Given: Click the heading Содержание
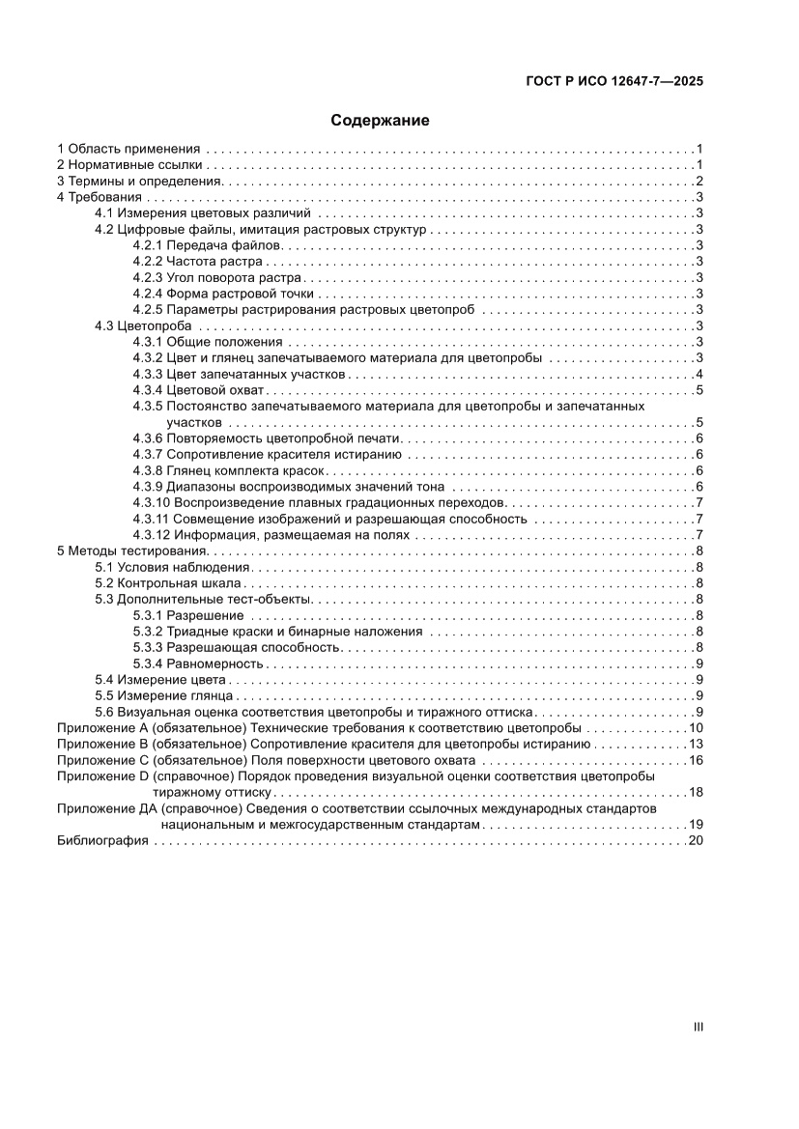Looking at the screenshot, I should [x=380, y=121].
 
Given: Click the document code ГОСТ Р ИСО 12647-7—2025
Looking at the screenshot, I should [x=614, y=82].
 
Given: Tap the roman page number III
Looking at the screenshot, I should [x=698, y=1027].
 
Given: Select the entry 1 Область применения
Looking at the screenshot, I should [x=128, y=149].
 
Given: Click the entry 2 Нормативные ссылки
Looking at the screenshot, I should [x=130, y=165].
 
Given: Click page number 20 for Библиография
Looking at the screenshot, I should [x=695, y=841].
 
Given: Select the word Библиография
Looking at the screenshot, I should [x=101, y=841].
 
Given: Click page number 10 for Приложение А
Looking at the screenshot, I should [x=695, y=728].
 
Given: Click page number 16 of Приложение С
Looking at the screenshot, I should [x=695, y=760].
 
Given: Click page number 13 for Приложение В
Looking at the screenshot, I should [x=695, y=744].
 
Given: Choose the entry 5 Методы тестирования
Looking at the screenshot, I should [x=130, y=550].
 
